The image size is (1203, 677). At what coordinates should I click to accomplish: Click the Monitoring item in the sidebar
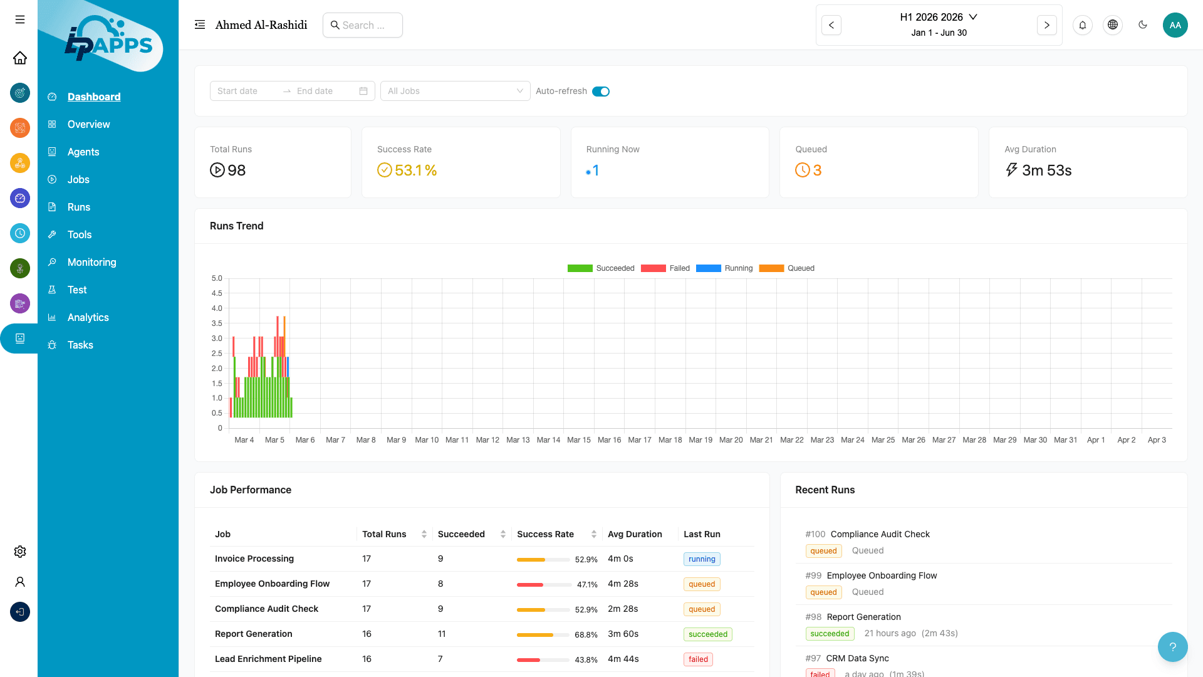click(x=91, y=262)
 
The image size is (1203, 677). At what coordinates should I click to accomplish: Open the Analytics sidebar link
click(x=88, y=317)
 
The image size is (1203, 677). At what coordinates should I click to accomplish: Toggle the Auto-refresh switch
click(x=600, y=92)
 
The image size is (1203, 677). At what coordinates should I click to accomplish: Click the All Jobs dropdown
click(x=455, y=91)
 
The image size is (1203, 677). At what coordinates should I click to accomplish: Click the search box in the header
click(x=363, y=25)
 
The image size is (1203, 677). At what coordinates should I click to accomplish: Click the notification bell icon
click(x=1082, y=25)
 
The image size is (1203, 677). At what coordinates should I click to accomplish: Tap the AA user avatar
click(x=1175, y=25)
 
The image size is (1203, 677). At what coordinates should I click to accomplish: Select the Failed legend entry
click(x=665, y=268)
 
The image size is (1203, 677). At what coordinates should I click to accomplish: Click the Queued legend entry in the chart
click(x=787, y=268)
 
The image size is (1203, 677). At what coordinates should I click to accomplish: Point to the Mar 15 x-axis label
click(x=578, y=440)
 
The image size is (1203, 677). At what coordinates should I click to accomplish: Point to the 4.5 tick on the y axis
click(x=217, y=293)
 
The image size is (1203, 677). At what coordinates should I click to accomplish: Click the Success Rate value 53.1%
click(x=415, y=171)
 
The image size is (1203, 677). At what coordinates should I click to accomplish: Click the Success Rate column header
click(x=545, y=534)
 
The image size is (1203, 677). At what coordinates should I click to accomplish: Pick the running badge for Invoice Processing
click(x=701, y=559)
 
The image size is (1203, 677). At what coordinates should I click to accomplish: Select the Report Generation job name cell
click(x=253, y=634)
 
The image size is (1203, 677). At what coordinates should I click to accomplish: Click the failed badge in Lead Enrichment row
click(x=697, y=659)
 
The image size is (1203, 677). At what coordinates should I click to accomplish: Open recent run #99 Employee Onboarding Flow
click(x=881, y=575)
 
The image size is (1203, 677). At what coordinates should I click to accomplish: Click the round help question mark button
click(x=1172, y=647)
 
